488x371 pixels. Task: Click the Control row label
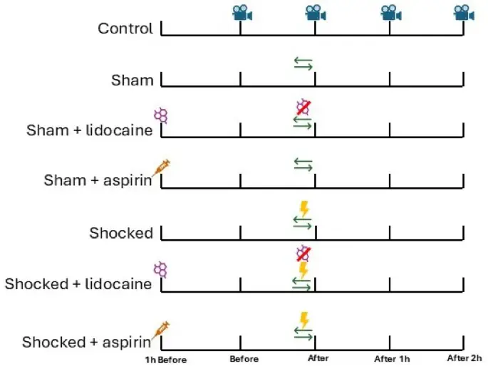(x=125, y=29)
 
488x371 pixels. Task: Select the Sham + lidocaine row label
(x=90, y=130)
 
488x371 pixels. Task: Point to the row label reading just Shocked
(x=121, y=233)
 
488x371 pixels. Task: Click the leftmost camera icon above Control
(x=242, y=12)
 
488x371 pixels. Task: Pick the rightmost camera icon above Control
(x=464, y=12)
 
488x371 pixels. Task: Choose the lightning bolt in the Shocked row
(x=304, y=209)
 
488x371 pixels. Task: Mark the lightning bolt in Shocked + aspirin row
(x=304, y=318)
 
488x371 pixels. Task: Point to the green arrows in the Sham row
(x=303, y=64)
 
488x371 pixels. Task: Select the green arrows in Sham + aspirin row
(x=303, y=164)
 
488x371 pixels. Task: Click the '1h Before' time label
(x=166, y=360)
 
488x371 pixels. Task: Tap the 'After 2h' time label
(x=464, y=358)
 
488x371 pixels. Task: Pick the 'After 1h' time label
(x=391, y=359)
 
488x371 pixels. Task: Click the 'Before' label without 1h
(x=244, y=359)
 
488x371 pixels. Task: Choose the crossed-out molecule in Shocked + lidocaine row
(x=304, y=254)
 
